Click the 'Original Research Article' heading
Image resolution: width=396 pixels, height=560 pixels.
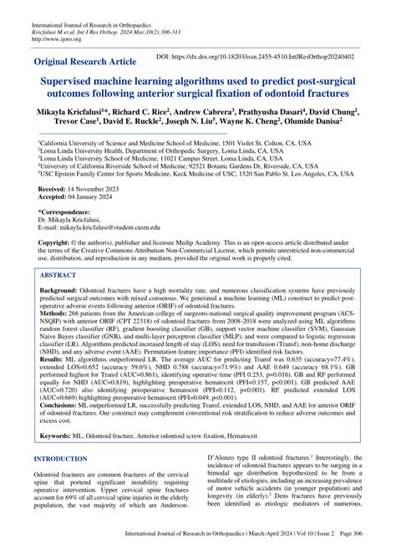tap(91, 63)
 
